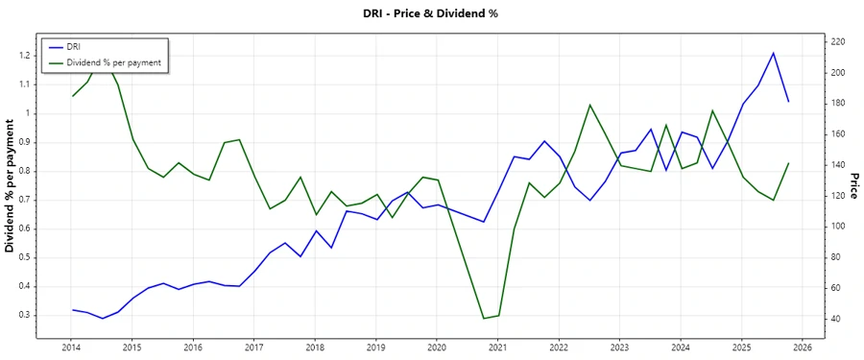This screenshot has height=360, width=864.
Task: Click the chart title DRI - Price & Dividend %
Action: pos(431,13)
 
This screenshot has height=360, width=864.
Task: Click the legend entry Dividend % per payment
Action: pos(112,62)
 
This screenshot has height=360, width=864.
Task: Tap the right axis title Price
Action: pos(854,186)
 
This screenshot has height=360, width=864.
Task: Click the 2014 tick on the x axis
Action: pos(71,348)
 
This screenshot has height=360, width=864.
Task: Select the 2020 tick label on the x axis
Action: pos(437,348)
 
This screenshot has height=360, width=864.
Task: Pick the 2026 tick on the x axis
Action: pos(804,348)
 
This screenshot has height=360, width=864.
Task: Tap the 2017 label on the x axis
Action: pos(253,348)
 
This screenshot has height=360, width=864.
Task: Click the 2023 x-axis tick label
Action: pos(620,348)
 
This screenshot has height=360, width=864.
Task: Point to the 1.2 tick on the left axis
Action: pos(25,56)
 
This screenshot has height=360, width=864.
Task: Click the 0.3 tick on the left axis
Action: pos(25,315)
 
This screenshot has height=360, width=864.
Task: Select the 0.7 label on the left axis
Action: pos(25,200)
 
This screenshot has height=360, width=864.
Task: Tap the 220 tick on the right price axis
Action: pos(838,42)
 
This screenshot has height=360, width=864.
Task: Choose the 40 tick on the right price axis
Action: pos(836,319)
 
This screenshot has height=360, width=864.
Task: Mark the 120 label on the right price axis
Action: pos(838,196)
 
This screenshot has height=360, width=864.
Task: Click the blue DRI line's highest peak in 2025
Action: pos(774,53)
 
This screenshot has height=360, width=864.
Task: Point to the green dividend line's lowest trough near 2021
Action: pos(484,319)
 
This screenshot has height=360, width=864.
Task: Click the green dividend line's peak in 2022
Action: pos(589,105)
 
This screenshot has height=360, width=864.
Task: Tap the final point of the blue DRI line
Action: pos(788,101)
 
